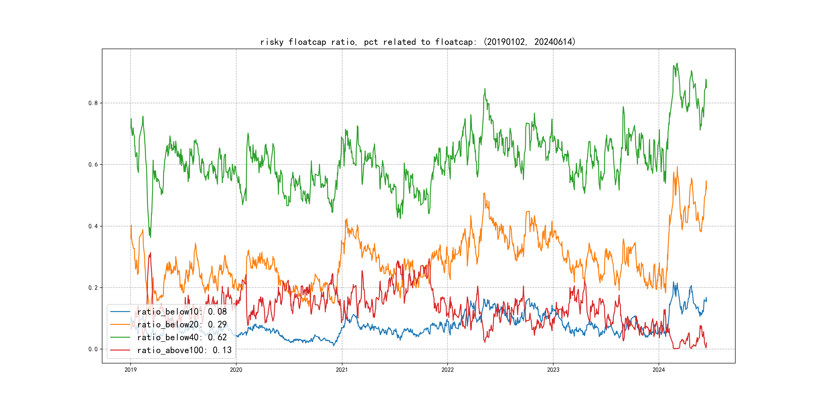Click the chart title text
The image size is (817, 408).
pyautogui.click(x=418, y=42)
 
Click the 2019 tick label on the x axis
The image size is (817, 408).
pyautogui.click(x=130, y=370)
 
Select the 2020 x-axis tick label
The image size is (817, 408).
pyautogui.click(x=236, y=370)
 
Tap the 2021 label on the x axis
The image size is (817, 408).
pyautogui.click(x=342, y=370)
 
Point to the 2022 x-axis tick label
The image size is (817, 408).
pyautogui.click(x=448, y=370)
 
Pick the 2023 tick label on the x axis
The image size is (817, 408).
pyautogui.click(x=553, y=370)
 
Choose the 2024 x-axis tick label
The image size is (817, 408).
pyautogui.click(x=659, y=370)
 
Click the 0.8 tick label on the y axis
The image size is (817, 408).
pyautogui.click(x=93, y=103)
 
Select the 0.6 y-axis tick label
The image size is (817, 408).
pyautogui.click(x=93, y=164)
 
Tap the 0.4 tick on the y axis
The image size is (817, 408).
pyautogui.click(x=93, y=226)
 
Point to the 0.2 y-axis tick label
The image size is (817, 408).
pyautogui.click(x=93, y=288)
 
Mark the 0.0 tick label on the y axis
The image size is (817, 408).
pyautogui.click(x=93, y=349)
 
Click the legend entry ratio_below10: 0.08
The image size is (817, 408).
pyautogui.click(x=182, y=312)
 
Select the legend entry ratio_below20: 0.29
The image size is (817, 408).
pyautogui.click(x=182, y=324)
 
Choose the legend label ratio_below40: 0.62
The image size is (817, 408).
pyautogui.click(x=182, y=337)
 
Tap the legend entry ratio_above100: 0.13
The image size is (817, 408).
pyautogui.click(x=184, y=350)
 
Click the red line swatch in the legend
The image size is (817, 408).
pyautogui.click(x=120, y=350)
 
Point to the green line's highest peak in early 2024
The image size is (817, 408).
pyautogui.click(x=677, y=63)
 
